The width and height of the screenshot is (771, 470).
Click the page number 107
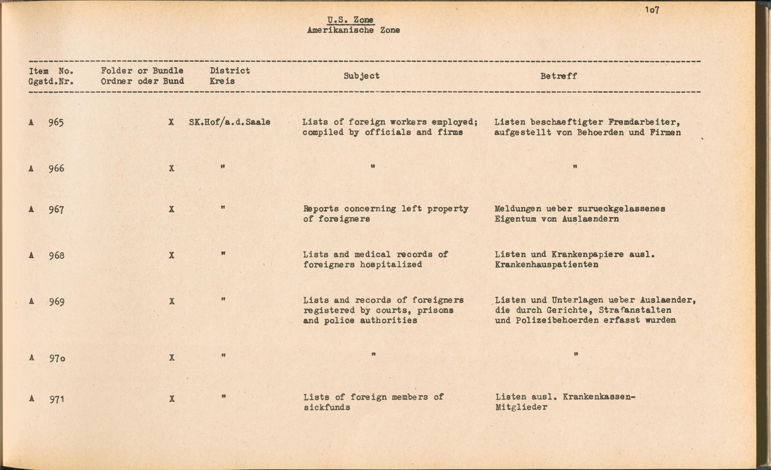pyautogui.click(x=652, y=10)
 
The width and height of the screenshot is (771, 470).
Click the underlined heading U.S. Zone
pyautogui.click(x=350, y=20)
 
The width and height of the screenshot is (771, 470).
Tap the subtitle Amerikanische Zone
pyautogui.click(x=353, y=30)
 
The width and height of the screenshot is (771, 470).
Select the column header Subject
pyautogui.click(x=361, y=76)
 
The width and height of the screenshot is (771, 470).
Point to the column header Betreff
pyautogui.click(x=558, y=76)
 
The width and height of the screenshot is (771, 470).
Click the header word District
pyautogui.click(x=230, y=71)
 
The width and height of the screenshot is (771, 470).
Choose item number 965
pyautogui.click(x=56, y=123)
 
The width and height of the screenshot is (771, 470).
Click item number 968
pyautogui.click(x=56, y=256)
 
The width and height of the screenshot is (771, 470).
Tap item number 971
pyautogui.click(x=56, y=399)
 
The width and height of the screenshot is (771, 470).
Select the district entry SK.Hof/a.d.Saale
pyautogui.click(x=229, y=122)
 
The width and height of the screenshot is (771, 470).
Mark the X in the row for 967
pyautogui.click(x=172, y=209)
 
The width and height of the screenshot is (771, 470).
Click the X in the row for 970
pyautogui.click(x=172, y=358)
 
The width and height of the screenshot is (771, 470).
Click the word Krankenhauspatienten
pyautogui.click(x=546, y=265)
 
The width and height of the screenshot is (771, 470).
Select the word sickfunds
pyautogui.click(x=327, y=408)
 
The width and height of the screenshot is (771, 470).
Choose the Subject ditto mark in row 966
pyautogui.click(x=373, y=167)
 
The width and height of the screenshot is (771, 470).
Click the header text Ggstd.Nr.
pyautogui.click(x=51, y=81)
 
